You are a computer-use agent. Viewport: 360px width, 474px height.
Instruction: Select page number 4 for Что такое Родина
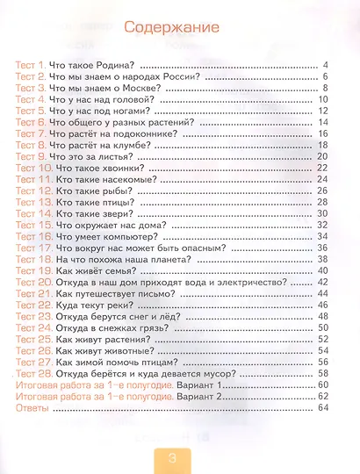pyautogui.click(x=324, y=66)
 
